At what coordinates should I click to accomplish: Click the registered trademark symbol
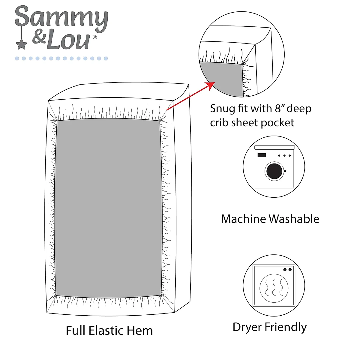click(95, 37)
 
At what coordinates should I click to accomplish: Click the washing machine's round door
click(274, 171)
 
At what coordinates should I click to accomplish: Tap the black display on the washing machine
click(262, 155)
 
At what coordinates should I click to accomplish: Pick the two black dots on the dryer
click(287, 270)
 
